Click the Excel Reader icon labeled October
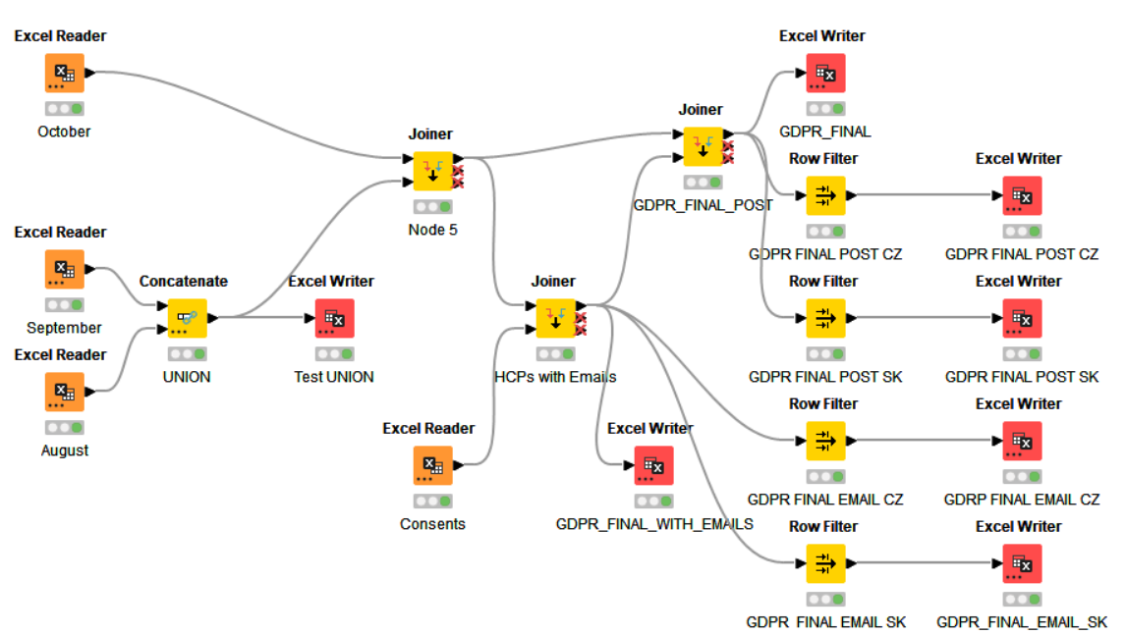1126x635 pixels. (64, 73)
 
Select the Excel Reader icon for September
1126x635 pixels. (64, 269)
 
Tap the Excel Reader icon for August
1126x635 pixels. (64, 392)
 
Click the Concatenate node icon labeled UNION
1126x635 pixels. (187, 318)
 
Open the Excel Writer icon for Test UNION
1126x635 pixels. (334, 318)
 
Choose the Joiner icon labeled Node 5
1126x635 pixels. (432, 171)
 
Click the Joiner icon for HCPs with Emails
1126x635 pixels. (555, 318)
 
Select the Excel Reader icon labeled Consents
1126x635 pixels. (432, 465)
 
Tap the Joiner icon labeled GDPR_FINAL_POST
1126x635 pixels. (704, 146)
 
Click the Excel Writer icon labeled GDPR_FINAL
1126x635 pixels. (825, 73)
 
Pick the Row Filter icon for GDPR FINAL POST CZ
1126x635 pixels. (825, 195)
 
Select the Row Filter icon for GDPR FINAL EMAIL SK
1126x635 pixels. (825, 563)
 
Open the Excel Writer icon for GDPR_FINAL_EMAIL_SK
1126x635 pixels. (1022, 563)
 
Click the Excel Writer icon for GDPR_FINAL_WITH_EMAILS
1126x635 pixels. (653, 465)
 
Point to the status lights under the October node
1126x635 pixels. (64, 109)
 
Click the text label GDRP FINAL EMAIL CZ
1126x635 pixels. (1022, 500)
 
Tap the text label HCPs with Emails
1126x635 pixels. (555, 377)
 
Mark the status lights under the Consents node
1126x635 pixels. (432, 502)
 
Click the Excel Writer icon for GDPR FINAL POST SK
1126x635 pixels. (1022, 318)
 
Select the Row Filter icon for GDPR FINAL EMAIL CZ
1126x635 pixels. (825, 441)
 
